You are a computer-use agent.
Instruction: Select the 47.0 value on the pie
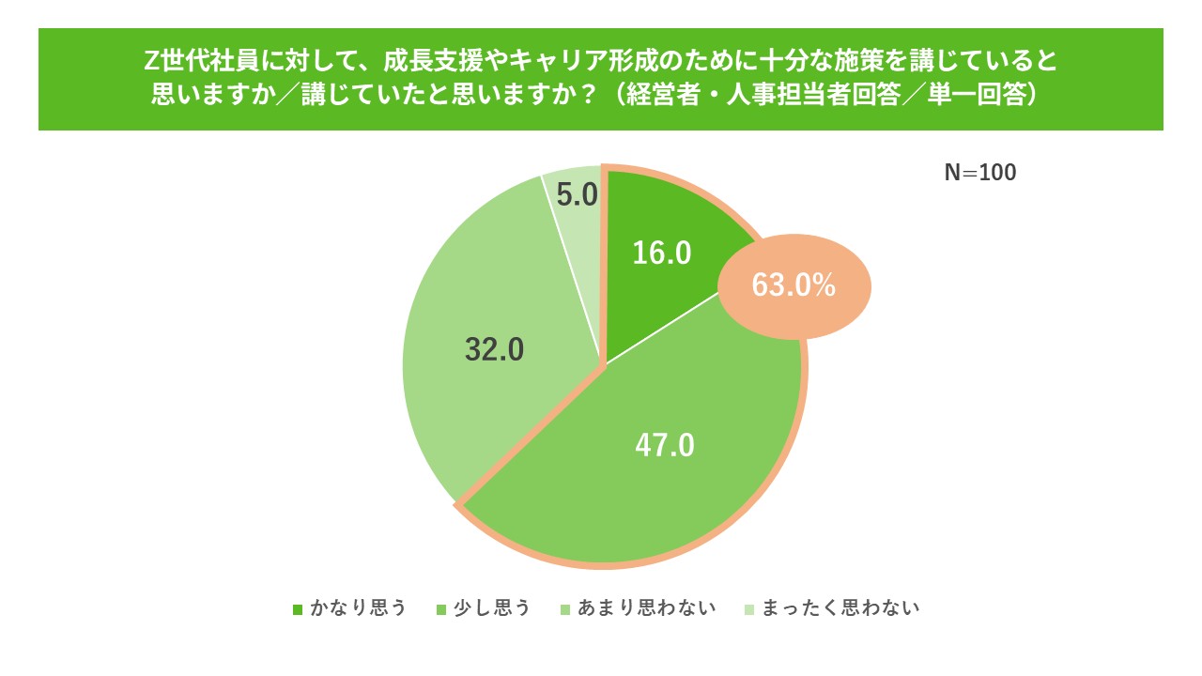tap(665, 443)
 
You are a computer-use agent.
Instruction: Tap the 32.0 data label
tap(494, 349)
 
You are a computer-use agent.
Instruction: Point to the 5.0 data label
tap(578, 194)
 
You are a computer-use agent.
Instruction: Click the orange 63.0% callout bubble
tap(794, 285)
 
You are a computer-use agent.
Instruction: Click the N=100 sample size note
tap(979, 173)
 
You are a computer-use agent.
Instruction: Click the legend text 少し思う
tap(492, 607)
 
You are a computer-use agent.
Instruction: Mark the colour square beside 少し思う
tap(439, 608)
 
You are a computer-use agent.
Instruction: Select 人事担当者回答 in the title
tap(809, 95)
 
